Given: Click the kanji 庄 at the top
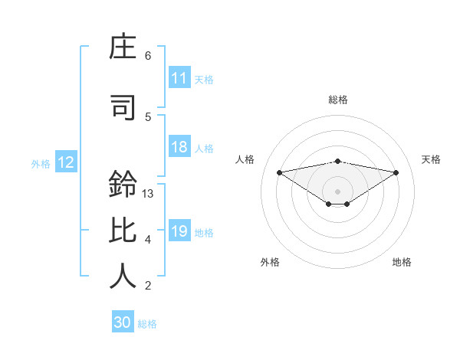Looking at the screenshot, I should pyautogui.click(x=123, y=50).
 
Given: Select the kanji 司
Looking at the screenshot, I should pyautogui.click(x=123, y=108).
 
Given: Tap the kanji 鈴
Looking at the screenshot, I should pyautogui.click(x=123, y=185).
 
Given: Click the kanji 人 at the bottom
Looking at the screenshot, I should pyautogui.click(x=123, y=275).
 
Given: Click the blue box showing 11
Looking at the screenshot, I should pyautogui.click(x=179, y=78).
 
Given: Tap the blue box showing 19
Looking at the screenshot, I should pyautogui.click(x=179, y=231).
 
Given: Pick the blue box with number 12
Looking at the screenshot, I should pyautogui.click(x=65, y=162).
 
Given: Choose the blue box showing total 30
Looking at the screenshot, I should pyautogui.click(x=123, y=322).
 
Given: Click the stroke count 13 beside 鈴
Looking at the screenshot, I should pyautogui.click(x=148, y=193).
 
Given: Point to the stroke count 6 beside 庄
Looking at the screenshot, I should pyautogui.click(x=148, y=55).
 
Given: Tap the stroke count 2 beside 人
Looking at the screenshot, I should pyautogui.click(x=148, y=286).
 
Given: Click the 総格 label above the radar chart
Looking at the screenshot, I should pyautogui.click(x=337, y=100).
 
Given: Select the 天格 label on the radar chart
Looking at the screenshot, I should pyautogui.click(x=432, y=159).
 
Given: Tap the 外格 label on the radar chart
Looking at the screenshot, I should pyautogui.click(x=270, y=262).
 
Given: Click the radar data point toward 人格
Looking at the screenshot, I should pyautogui.click(x=279, y=172).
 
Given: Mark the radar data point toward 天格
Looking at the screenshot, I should pyautogui.click(x=396, y=172).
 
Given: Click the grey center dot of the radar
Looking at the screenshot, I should pyautogui.click(x=337, y=191).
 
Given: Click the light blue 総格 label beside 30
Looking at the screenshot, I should pyautogui.click(x=147, y=324).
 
